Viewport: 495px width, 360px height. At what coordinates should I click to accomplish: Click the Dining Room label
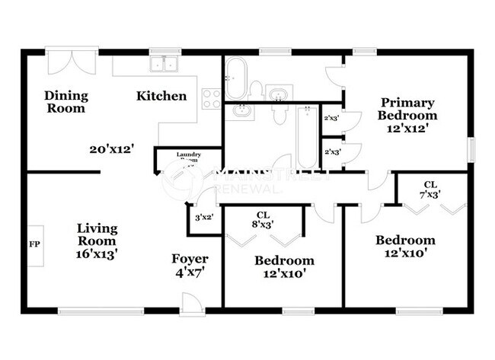pos(65,102)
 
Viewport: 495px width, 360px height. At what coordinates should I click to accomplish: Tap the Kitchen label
pos(161,97)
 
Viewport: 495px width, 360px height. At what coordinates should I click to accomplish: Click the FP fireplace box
pos(35,245)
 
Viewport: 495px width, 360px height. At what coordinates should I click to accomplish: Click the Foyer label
pos(190,259)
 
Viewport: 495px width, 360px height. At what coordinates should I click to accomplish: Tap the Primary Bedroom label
pos(408,109)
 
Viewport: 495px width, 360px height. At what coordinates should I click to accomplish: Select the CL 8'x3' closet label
pos(265,220)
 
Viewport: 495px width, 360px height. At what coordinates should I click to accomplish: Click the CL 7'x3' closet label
pos(430,190)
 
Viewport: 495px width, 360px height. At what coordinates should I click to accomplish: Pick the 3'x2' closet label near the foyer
pos(204,217)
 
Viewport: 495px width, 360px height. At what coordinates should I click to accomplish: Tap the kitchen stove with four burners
pos(212,97)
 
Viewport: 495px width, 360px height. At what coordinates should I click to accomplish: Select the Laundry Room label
pos(188,158)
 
